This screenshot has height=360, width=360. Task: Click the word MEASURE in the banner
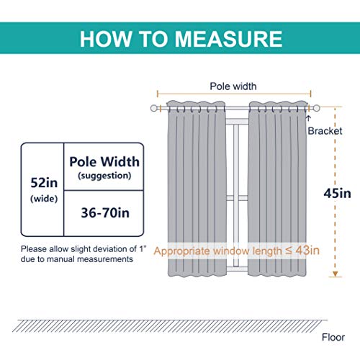click(228, 39)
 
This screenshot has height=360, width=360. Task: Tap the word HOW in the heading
click(106, 39)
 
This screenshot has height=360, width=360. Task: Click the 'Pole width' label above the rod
click(233, 86)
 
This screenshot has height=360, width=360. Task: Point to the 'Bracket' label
click(325, 131)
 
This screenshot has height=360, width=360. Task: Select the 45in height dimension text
click(337, 194)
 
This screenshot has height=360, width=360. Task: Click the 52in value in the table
click(44, 183)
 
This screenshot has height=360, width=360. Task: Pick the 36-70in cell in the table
click(105, 213)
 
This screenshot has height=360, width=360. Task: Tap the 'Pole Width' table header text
click(104, 162)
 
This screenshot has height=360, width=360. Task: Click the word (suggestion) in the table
click(104, 176)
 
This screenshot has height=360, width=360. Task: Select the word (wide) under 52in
click(44, 199)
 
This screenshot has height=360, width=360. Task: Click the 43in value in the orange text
click(307, 251)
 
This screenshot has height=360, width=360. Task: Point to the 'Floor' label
click(333, 338)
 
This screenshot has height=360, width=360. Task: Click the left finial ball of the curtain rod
click(154, 108)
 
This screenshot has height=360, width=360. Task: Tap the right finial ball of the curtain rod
click(317, 108)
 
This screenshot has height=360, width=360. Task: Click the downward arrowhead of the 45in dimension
click(336, 274)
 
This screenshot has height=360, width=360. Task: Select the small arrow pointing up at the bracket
click(309, 118)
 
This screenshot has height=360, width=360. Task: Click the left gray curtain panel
click(197, 189)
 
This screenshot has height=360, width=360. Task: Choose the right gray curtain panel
click(278, 189)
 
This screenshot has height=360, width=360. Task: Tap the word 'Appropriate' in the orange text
click(181, 251)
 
